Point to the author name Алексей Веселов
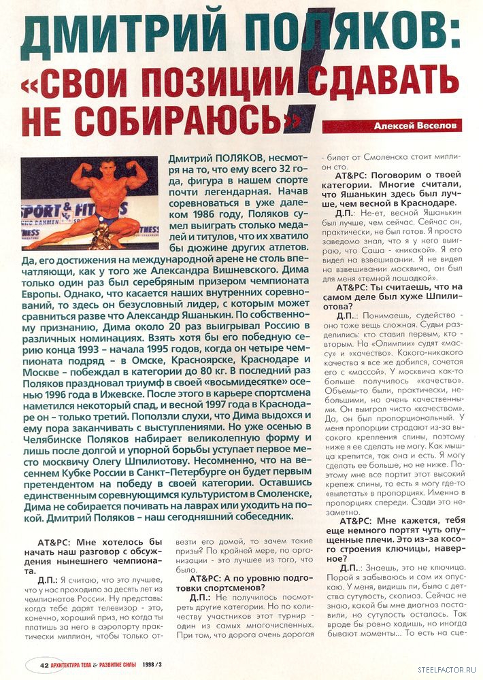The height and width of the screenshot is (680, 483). pos(417,126)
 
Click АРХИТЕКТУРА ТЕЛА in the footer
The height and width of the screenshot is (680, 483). pos(71,665)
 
